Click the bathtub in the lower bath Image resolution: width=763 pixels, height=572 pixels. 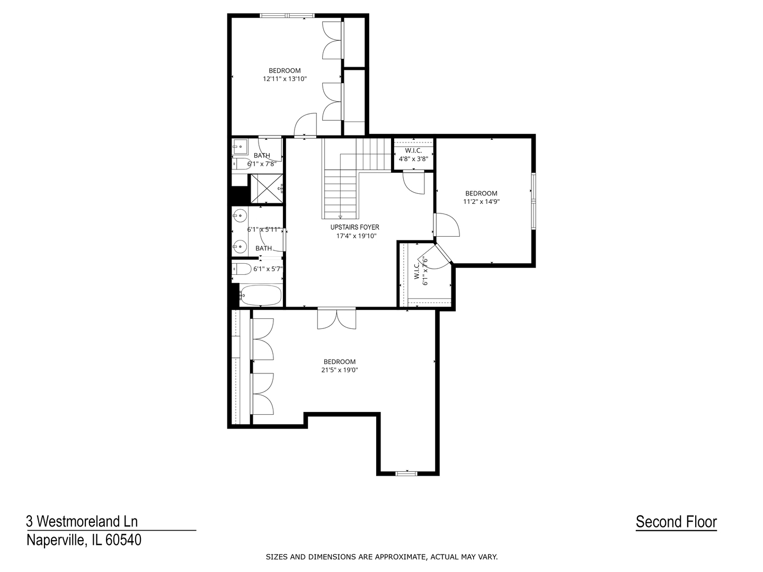click(x=261, y=296)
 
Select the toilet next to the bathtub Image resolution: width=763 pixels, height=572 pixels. click(x=242, y=269)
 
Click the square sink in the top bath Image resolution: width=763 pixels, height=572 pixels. click(x=240, y=146)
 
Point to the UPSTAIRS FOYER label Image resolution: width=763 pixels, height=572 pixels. click(x=354, y=227)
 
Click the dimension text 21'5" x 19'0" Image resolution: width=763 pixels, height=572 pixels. click(x=340, y=371)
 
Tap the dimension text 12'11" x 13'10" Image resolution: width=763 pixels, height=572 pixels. click(x=285, y=79)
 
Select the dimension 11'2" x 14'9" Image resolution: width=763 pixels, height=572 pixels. click(x=481, y=202)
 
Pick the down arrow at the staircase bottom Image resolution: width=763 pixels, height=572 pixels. click(x=340, y=217)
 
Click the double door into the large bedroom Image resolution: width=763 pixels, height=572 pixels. click(x=336, y=318)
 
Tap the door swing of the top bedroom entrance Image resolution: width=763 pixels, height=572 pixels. click(x=306, y=126)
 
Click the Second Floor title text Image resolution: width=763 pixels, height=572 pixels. click(x=676, y=522)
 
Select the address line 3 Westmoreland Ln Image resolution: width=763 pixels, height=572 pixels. click(x=82, y=521)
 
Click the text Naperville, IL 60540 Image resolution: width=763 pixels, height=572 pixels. click(x=84, y=540)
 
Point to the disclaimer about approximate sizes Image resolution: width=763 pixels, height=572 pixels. click(x=381, y=557)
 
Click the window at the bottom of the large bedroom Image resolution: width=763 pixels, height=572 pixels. click(x=406, y=473)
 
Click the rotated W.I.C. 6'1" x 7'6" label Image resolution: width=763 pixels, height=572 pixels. click(x=421, y=271)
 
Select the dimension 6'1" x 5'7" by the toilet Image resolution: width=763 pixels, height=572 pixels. click(x=268, y=269)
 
